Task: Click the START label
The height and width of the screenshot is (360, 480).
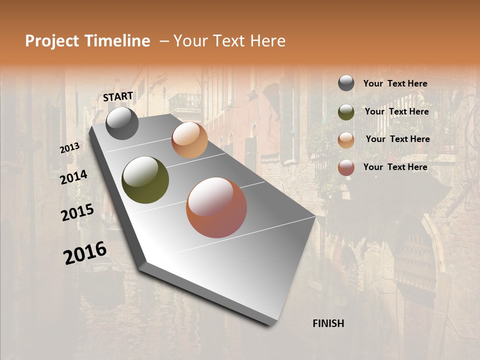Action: (118, 96)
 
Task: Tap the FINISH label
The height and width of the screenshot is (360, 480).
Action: (328, 323)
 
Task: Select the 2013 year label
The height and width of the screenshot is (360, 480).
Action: (70, 148)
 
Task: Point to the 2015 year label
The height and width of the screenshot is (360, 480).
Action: (77, 212)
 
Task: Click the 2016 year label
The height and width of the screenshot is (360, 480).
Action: (85, 253)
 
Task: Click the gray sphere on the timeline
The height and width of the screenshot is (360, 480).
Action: (122, 123)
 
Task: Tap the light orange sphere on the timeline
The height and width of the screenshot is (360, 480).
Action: (189, 140)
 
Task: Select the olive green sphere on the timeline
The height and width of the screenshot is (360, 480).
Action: (145, 180)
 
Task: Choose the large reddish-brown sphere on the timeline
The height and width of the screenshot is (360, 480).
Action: (216, 207)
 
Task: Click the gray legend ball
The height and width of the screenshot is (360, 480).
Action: (346, 83)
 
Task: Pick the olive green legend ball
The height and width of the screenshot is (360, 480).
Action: (346, 112)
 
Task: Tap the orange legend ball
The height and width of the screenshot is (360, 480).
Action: (346, 139)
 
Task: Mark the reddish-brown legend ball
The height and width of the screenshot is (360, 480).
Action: (346, 167)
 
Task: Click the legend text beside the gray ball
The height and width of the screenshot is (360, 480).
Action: (395, 84)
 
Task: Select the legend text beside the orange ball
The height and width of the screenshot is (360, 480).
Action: (397, 139)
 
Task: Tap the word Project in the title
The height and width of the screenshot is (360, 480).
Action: (51, 41)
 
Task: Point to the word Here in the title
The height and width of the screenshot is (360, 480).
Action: (266, 41)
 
